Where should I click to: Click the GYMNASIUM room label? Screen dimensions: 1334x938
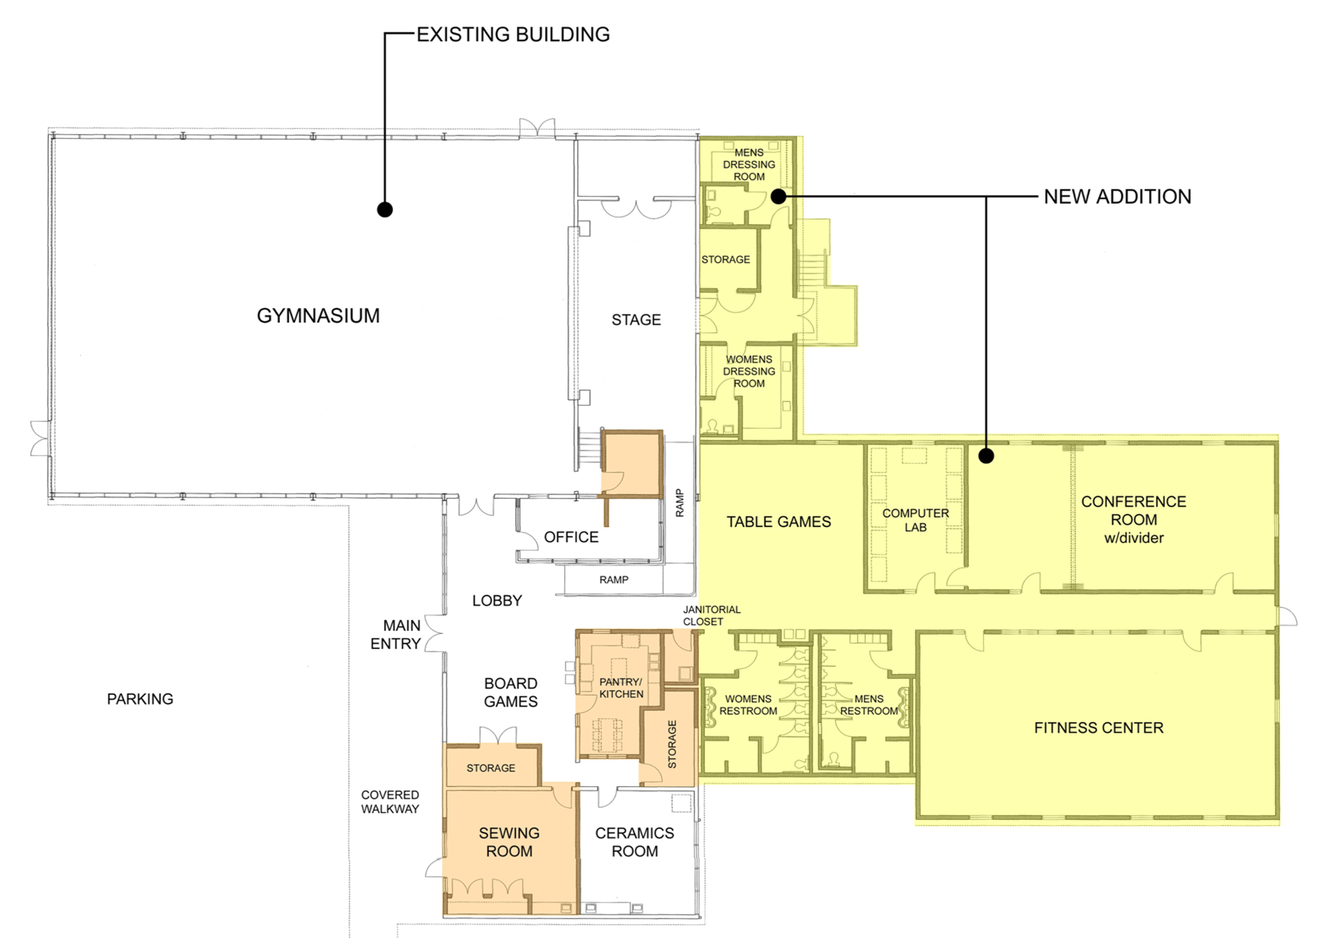tap(319, 316)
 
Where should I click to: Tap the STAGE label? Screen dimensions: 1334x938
tap(636, 320)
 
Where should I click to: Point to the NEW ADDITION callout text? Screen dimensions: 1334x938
tap(1117, 197)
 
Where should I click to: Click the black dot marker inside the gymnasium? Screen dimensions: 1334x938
tap(385, 210)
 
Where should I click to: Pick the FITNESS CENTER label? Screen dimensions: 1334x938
tap(1099, 728)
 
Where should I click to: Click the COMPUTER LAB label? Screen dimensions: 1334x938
tap(916, 520)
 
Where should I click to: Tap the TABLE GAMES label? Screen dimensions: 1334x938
tap(779, 522)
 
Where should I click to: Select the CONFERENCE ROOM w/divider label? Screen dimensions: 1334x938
tap(1133, 520)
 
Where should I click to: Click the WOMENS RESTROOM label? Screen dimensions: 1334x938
tap(748, 705)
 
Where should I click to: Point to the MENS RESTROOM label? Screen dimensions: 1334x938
tap(869, 705)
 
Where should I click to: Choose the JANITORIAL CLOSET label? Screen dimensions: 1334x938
tap(712, 616)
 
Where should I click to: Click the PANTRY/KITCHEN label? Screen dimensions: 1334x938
tap(621, 688)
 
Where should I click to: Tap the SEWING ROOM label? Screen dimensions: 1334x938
tap(509, 842)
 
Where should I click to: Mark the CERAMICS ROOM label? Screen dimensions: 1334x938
tap(634, 842)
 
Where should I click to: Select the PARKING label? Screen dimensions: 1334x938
tap(140, 699)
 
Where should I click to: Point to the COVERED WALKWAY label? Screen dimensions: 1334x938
tap(390, 802)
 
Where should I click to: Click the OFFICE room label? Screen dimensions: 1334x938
tap(571, 537)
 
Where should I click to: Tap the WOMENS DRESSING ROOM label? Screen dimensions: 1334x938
tap(749, 372)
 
